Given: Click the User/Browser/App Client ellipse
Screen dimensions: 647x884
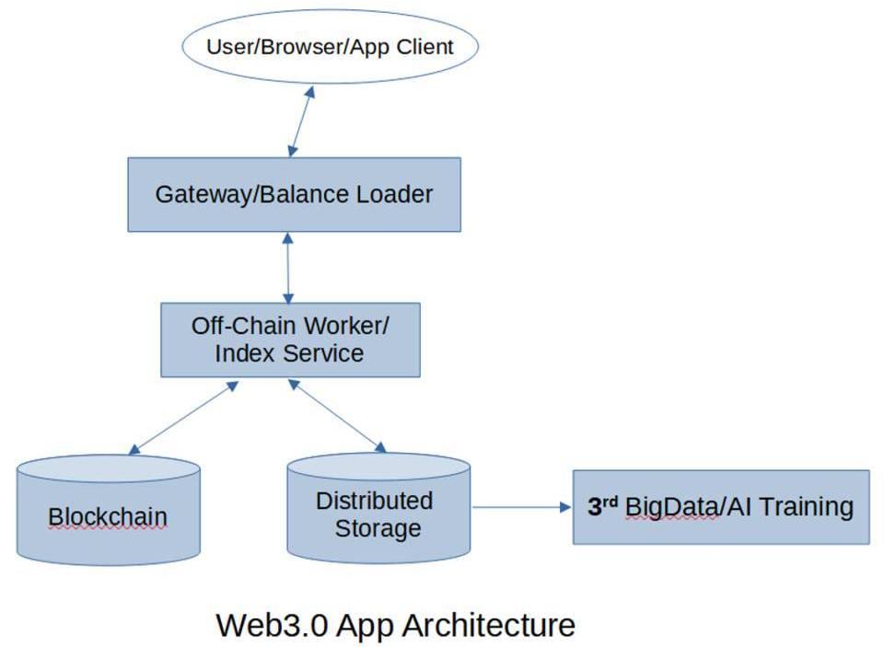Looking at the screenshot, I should pyautogui.click(x=330, y=47).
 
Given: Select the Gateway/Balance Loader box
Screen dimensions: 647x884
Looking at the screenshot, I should pyautogui.click(x=294, y=194).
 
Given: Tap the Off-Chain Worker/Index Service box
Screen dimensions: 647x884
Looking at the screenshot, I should pyautogui.click(x=290, y=340).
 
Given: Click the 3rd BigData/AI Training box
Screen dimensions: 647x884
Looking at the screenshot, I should pyautogui.click(x=720, y=507).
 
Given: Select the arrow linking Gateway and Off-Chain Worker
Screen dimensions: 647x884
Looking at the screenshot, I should pyautogui.click(x=289, y=267).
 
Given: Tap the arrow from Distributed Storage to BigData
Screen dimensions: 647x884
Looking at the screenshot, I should pyautogui.click(x=521, y=507).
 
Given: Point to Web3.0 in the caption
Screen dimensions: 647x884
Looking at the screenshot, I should pyautogui.click(x=272, y=625).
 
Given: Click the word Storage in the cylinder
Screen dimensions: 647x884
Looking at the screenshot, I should pyautogui.click(x=378, y=529).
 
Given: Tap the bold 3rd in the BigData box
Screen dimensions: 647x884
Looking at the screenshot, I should pyautogui.click(x=602, y=506).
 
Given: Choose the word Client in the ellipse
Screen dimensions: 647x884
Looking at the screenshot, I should pyautogui.click(x=425, y=47).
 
